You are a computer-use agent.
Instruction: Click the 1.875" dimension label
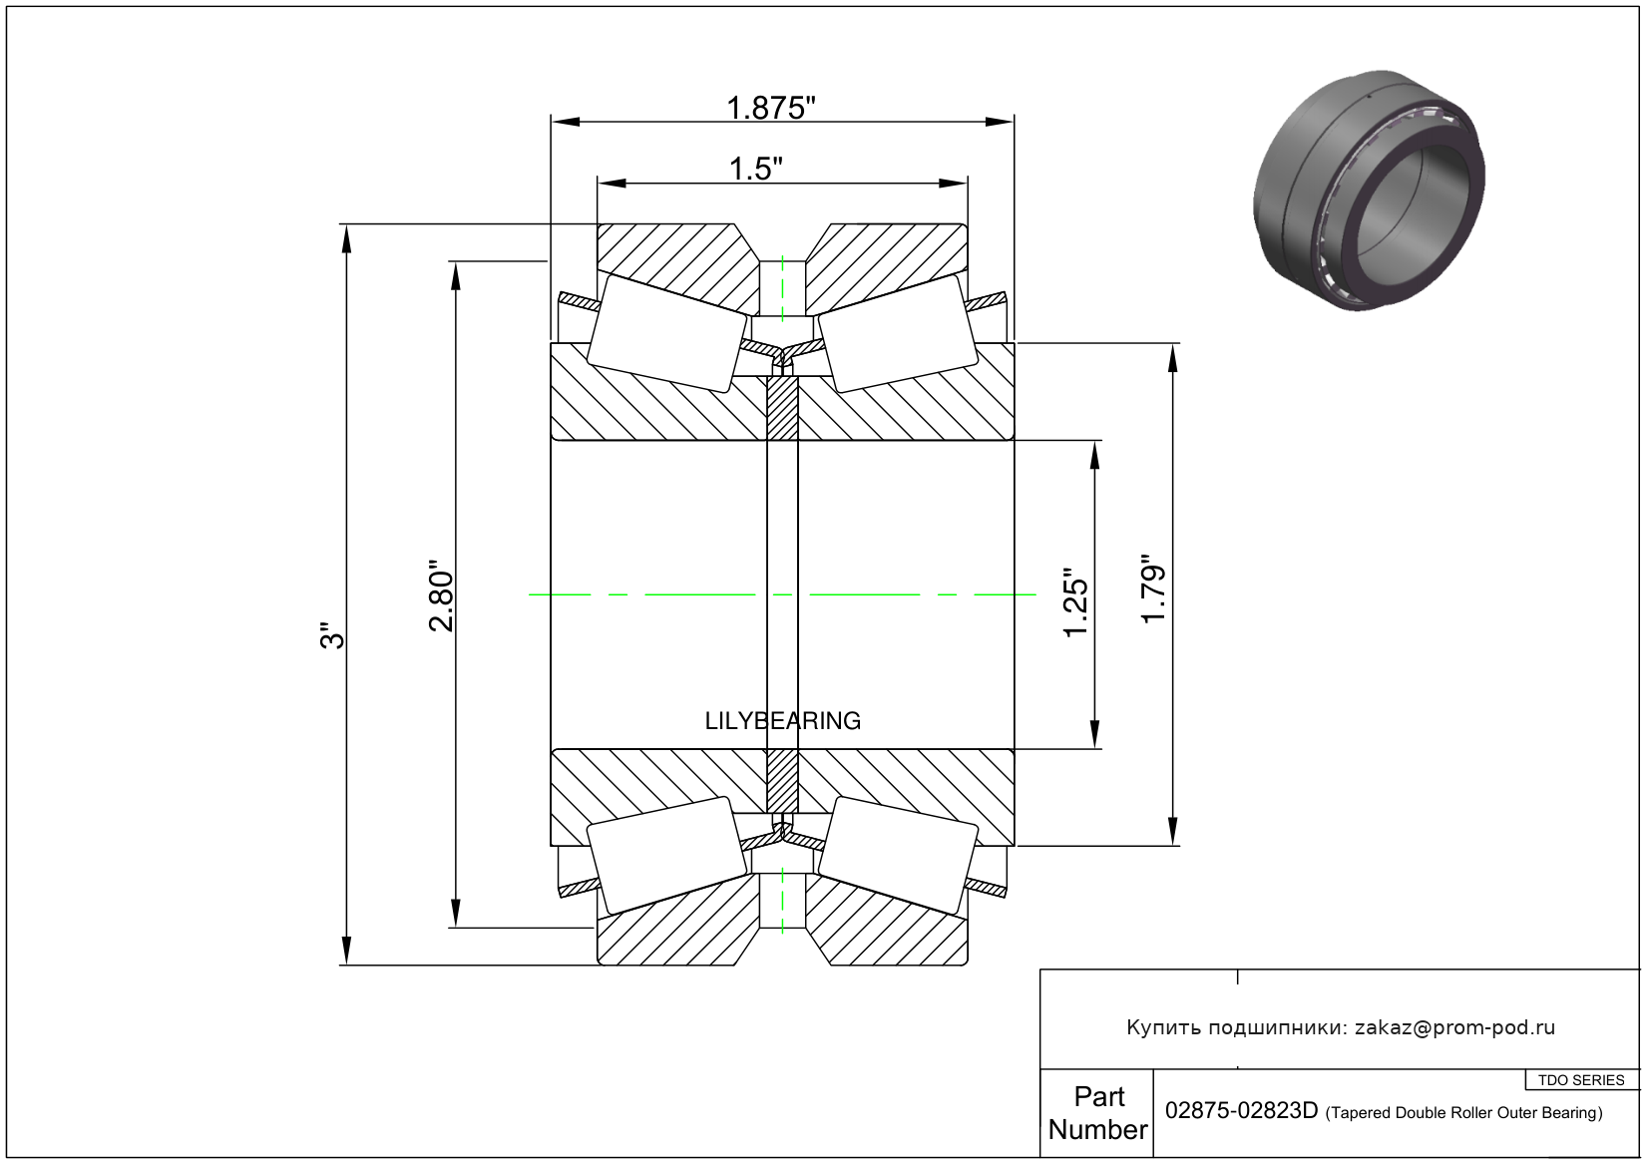click(771, 108)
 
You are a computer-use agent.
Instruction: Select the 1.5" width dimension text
click(755, 169)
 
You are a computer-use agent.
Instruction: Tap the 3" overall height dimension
click(332, 636)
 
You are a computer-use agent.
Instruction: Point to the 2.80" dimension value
click(441, 595)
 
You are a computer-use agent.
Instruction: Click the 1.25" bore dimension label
click(1074, 602)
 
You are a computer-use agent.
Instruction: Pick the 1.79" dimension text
click(1153, 589)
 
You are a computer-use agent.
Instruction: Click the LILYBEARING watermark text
click(782, 720)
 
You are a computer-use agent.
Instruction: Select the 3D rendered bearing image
click(1369, 190)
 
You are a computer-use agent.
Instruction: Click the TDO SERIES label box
click(1581, 1080)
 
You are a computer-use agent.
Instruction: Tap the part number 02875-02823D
click(1241, 1111)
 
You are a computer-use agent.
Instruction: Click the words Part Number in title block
click(1097, 1113)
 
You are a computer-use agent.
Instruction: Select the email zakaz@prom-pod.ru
click(1454, 1027)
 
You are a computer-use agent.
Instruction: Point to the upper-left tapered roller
click(666, 333)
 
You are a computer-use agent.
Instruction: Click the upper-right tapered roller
click(896, 333)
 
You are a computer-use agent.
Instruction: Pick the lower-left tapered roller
click(666, 855)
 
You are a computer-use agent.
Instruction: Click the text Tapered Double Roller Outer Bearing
click(1463, 1113)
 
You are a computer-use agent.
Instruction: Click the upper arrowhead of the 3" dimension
click(346, 238)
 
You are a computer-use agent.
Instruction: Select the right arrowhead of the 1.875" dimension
click(1000, 123)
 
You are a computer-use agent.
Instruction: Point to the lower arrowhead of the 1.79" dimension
click(1172, 831)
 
